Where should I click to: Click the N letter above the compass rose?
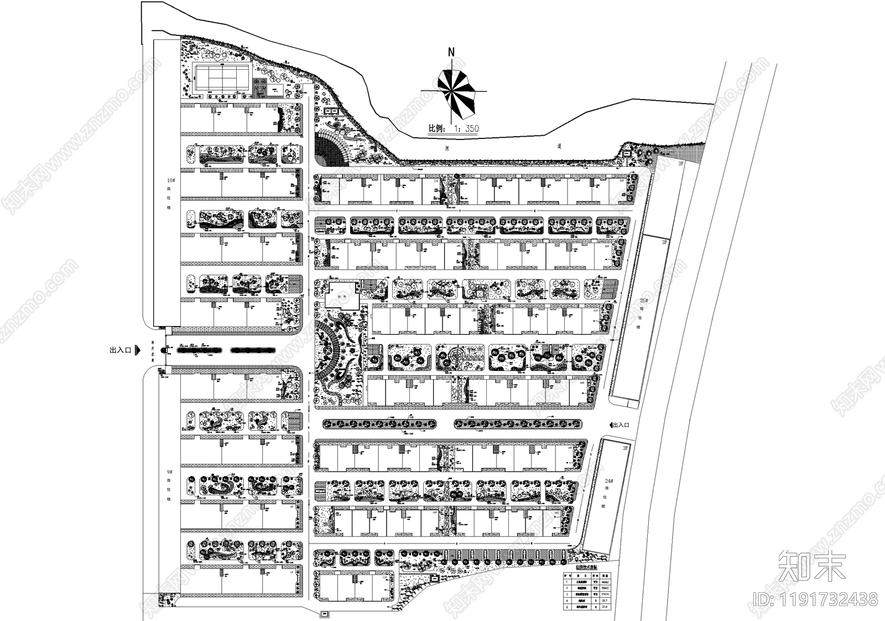pos(451,51)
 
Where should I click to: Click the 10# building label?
pos(171,180)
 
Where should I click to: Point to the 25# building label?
pos(643,301)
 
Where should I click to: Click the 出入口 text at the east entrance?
pos(622,425)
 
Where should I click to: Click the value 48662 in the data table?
pos(605,582)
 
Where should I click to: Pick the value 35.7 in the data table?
pos(605,600)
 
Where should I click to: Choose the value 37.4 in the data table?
pos(605,607)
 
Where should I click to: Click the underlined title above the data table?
pos(587,568)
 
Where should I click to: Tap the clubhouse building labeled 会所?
pos(342,296)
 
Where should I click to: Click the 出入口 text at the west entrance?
pos(119,350)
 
